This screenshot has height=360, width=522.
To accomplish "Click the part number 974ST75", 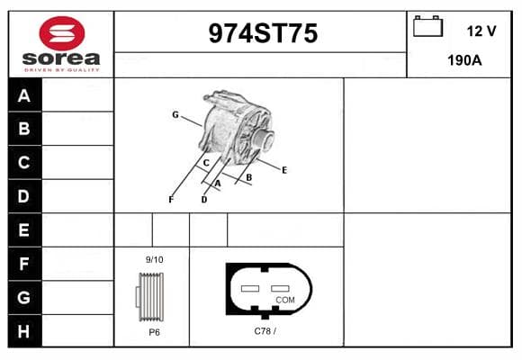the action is (263, 33).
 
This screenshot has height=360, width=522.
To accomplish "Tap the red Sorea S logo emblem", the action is (62, 33).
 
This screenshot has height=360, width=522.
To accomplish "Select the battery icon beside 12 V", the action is (427, 26).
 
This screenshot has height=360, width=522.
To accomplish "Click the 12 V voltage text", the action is (481, 31).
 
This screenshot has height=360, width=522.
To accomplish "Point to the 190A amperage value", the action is (464, 60).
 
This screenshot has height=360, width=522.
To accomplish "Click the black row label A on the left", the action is (25, 95).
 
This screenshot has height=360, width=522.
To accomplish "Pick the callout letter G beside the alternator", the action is (175, 115).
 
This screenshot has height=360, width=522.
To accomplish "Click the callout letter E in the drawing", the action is (284, 170).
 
